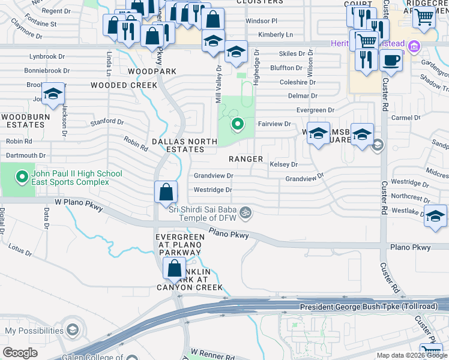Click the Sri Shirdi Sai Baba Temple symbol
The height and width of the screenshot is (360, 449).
click(x=245, y=212)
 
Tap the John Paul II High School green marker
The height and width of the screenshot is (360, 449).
click(x=22, y=177)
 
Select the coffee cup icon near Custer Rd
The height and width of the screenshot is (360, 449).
click(x=391, y=61)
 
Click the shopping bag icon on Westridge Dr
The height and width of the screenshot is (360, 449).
click(x=166, y=193)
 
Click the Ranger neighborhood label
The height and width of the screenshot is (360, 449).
click(x=246, y=159)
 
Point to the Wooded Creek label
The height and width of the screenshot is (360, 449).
click(x=124, y=85)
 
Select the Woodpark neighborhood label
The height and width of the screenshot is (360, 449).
click(x=152, y=71)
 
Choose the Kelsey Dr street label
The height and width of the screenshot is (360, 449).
click(x=284, y=164)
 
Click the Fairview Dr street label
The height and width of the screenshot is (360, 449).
click(x=274, y=124)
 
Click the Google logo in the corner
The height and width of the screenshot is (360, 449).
click(x=20, y=353)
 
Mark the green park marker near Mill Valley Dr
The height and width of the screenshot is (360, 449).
click(x=238, y=125)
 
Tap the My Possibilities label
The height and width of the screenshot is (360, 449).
click(x=34, y=331)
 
